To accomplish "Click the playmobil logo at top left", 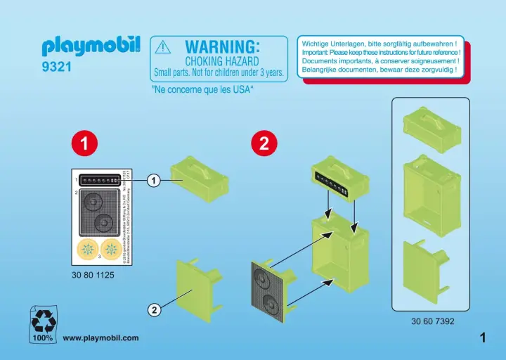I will (x=91, y=46).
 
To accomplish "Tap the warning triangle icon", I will (x=162, y=46).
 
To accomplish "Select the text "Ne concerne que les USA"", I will (x=202, y=90).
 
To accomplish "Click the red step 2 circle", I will (x=264, y=143).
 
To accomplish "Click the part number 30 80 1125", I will (x=93, y=275).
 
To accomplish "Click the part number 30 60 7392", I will (x=433, y=322).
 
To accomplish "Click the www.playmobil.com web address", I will (x=101, y=338).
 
